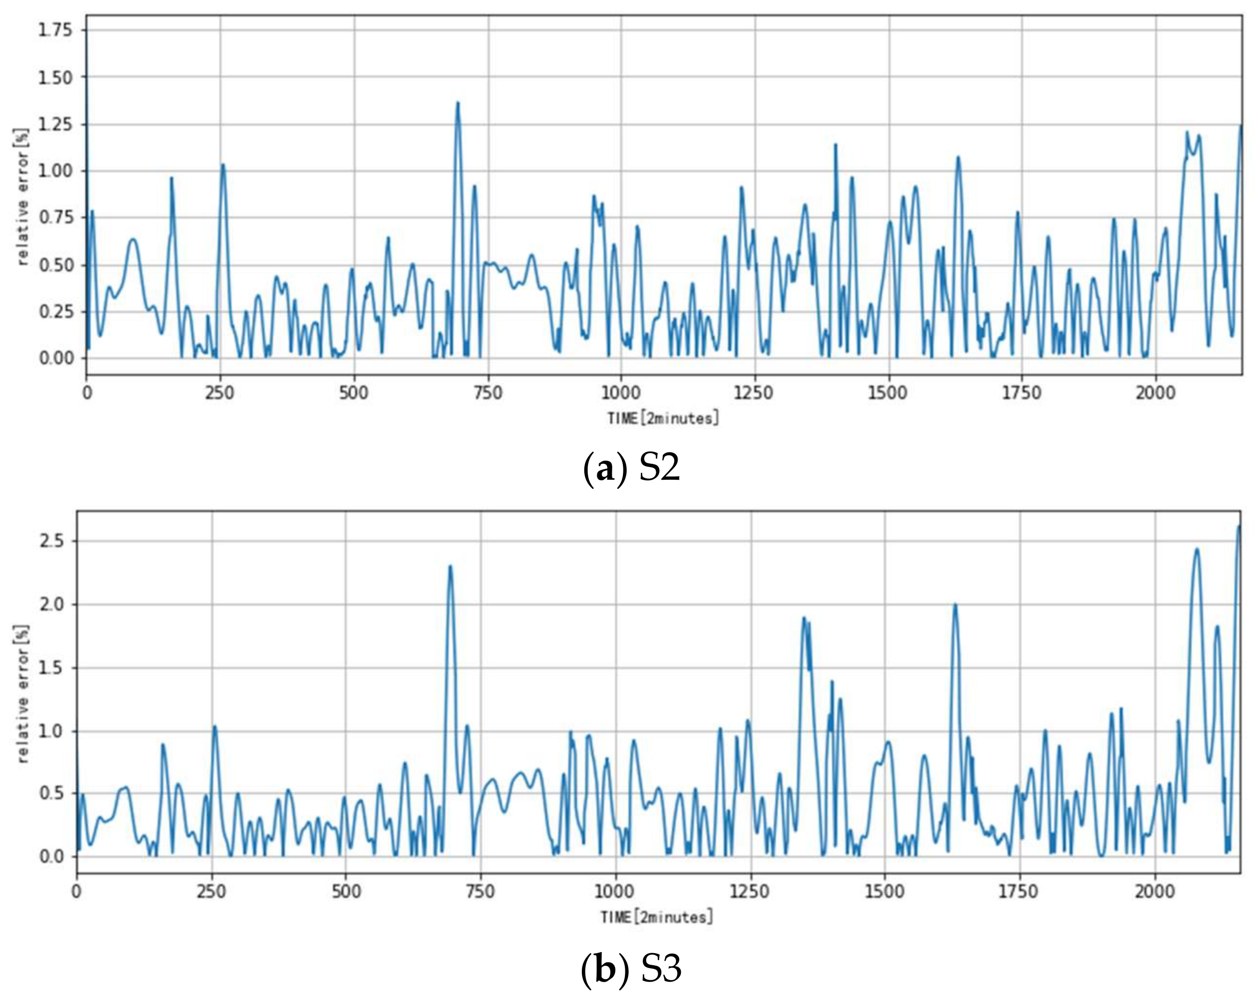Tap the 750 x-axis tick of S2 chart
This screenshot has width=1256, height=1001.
point(488,392)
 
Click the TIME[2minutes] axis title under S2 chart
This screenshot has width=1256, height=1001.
point(663,418)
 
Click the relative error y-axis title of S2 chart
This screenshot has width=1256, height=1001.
point(23,197)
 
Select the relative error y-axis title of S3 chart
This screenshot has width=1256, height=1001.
point(23,694)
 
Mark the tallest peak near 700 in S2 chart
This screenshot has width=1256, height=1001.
point(458,103)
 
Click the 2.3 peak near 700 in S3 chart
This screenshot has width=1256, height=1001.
point(450,566)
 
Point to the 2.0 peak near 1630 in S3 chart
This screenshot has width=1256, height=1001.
point(955,604)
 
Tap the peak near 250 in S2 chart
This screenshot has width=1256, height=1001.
point(222,165)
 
